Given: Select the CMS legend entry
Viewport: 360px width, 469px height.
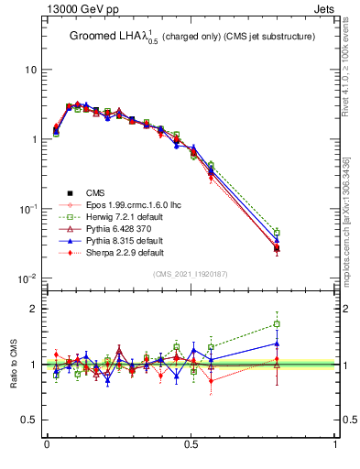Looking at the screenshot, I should tap(95, 191).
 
